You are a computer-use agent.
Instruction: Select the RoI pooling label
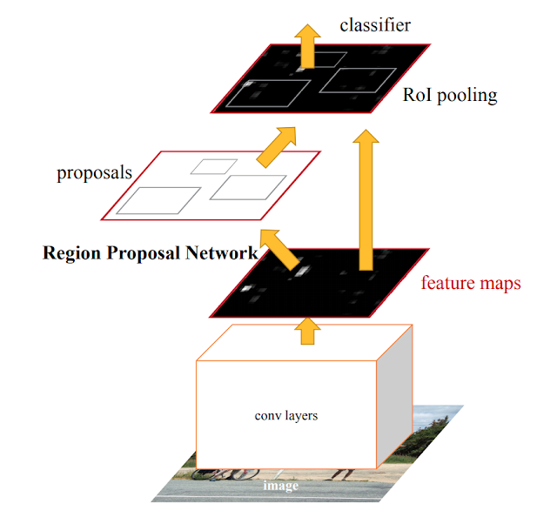pos(450,95)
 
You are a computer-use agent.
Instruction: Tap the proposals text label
pos(94,172)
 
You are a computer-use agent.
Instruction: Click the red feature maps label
pos(471,283)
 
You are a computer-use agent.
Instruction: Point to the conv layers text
pos(285,415)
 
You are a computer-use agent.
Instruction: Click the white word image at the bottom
pos(280,486)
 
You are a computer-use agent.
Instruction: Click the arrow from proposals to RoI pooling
pos(278,146)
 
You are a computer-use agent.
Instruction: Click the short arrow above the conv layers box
pos(305,330)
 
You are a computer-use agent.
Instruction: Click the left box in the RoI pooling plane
pos(266,93)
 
